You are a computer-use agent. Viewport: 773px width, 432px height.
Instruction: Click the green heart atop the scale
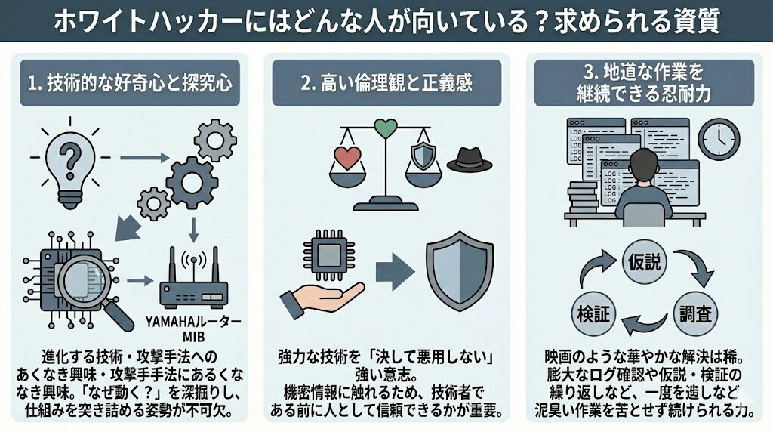[x=386, y=126]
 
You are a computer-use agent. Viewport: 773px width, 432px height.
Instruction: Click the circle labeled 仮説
[x=644, y=262]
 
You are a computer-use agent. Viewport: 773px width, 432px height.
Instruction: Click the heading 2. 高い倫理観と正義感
[x=386, y=82]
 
